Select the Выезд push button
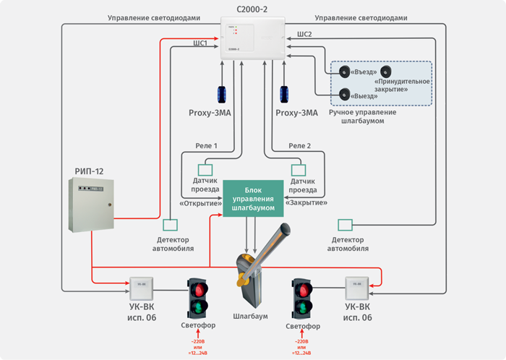click(346, 95)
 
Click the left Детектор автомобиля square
click(170, 226)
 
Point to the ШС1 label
click(199, 43)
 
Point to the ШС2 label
click(304, 34)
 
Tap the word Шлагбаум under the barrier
click(251, 317)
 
